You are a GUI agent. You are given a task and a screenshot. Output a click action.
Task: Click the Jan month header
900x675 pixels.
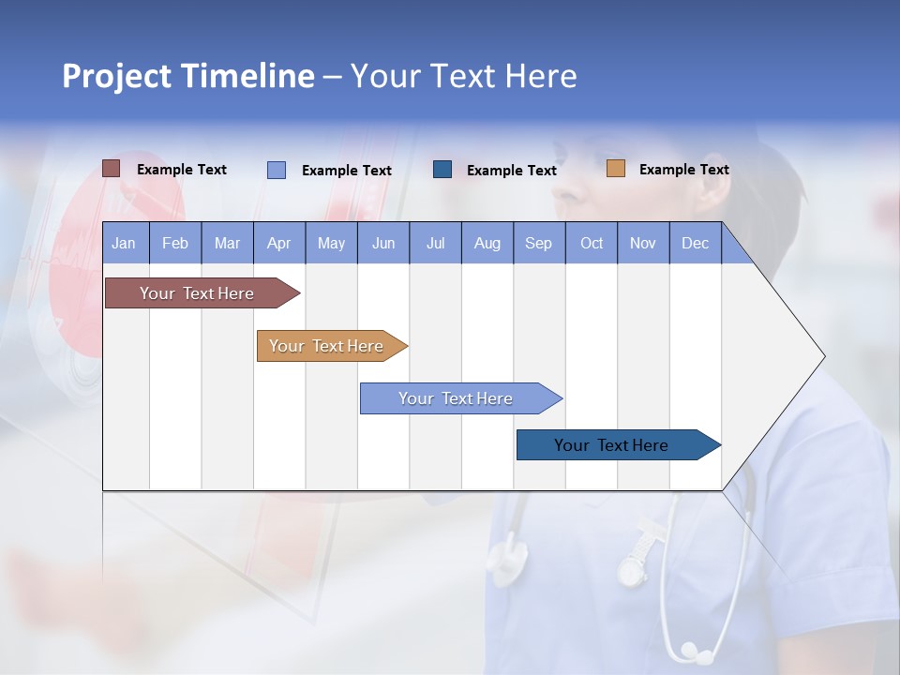tap(125, 244)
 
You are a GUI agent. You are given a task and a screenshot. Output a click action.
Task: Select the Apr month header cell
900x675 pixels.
tap(279, 244)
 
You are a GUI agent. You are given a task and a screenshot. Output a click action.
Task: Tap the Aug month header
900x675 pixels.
tap(487, 244)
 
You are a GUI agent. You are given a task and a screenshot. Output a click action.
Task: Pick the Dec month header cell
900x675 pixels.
tap(696, 244)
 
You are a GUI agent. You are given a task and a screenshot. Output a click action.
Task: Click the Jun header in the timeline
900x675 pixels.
tap(383, 244)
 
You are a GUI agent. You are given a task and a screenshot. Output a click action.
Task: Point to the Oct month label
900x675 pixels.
tap(592, 244)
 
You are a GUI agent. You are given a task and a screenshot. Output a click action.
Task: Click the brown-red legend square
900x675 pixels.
tap(112, 169)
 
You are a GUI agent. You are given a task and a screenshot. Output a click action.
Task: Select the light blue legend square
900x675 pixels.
tap(277, 170)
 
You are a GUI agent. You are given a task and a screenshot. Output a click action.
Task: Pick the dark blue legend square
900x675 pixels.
tap(442, 170)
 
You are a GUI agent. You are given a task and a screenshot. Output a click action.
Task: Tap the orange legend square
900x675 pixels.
tap(616, 169)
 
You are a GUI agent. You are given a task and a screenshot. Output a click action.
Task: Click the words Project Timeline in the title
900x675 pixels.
tap(187, 76)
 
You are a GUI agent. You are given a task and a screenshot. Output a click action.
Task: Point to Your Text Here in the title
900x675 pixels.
tap(463, 76)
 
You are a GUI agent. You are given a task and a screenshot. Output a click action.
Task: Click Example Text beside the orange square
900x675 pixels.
tap(683, 170)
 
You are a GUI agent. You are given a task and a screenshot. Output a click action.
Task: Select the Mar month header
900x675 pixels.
tap(228, 244)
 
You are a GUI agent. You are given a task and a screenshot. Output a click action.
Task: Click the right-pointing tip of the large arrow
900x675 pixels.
tap(822, 356)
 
